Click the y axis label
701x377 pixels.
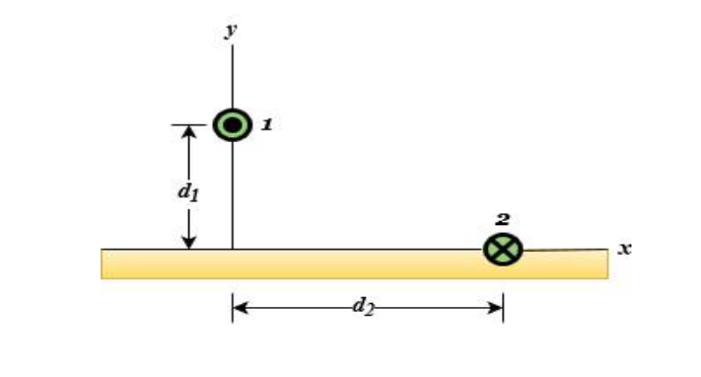coord(232,31)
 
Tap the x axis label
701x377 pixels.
coord(624,249)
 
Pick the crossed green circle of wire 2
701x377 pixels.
coord(503,249)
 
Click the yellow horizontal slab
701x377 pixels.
coord(354,264)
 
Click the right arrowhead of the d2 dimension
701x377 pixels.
coord(495,308)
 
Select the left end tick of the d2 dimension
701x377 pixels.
coord(233,307)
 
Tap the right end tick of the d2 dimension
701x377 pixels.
coord(504,307)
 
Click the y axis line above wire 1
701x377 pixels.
coord(233,74)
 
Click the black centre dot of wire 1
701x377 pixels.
coord(233,124)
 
